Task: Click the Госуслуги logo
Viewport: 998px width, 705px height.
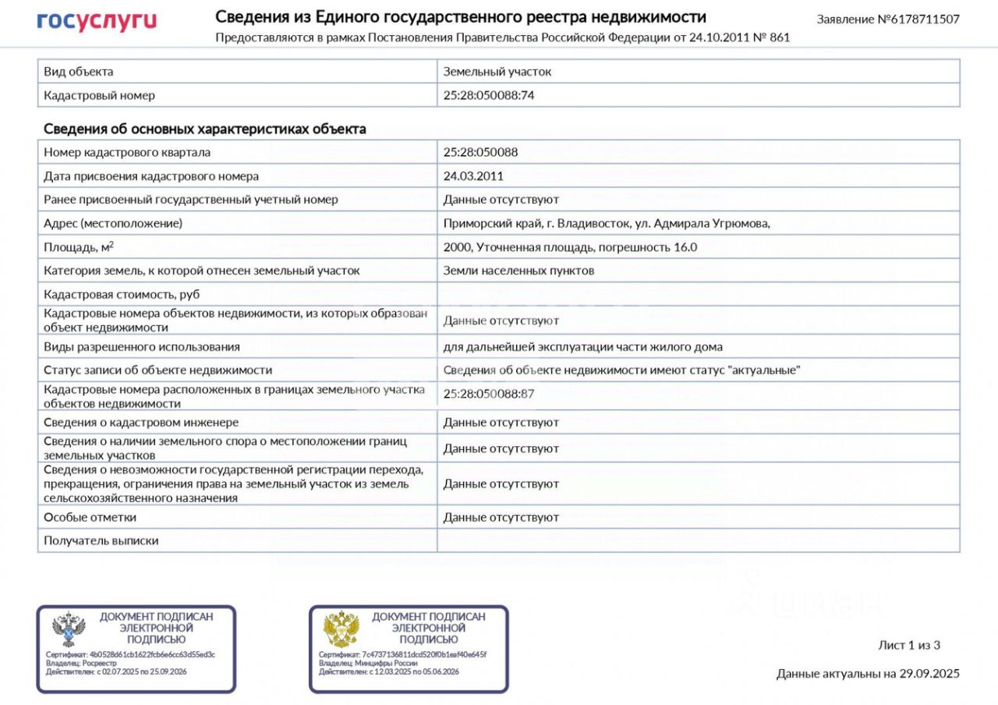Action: (x=97, y=21)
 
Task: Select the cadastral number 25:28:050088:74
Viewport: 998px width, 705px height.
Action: (x=489, y=95)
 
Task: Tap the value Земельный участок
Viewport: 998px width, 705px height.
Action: (x=497, y=72)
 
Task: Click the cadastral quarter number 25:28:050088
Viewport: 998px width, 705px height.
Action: (x=480, y=152)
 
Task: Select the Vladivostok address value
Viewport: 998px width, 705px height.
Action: (x=607, y=224)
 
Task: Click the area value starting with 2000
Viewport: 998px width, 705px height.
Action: (x=570, y=247)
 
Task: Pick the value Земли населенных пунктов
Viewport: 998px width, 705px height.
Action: (x=518, y=271)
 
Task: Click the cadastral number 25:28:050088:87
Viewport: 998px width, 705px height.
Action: (x=489, y=394)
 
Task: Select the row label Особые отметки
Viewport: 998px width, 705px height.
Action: (x=90, y=517)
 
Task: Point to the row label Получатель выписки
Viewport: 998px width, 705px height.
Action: (x=101, y=540)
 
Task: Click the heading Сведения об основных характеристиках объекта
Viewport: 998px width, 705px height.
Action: (x=204, y=129)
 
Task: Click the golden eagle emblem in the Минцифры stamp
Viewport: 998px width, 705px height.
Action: (x=341, y=629)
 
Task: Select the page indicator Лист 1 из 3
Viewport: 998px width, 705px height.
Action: (x=909, y=645)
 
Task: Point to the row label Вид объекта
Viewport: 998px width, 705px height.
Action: (x=78, y=72)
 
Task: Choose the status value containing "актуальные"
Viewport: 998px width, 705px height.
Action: (x=622, y=370)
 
